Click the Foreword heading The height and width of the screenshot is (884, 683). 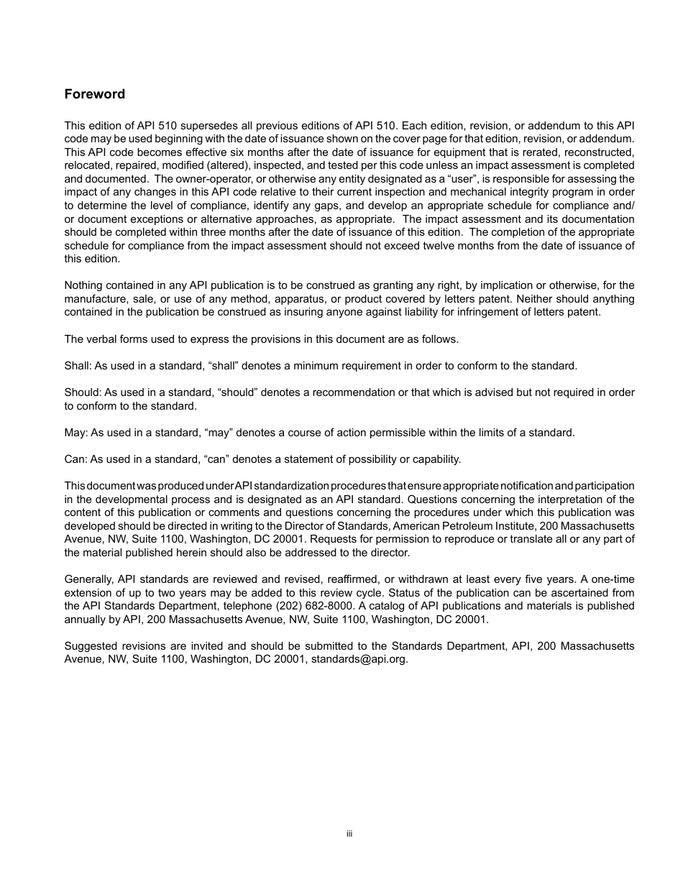94,94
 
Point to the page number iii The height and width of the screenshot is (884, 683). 349,834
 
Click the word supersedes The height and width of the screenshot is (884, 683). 207,126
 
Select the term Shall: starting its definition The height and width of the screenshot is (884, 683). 78,366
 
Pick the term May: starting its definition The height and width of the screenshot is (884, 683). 75,433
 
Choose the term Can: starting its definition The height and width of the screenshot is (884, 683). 75,459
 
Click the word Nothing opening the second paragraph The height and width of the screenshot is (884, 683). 85,285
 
